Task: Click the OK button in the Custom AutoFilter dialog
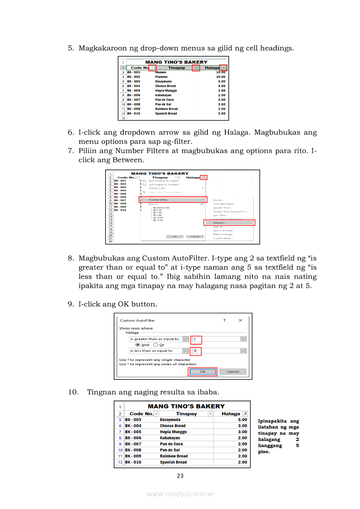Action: click(202, 371)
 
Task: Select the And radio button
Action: click(138, 345)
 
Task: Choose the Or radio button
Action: click(156, 345)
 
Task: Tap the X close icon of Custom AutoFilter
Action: click(240, 320)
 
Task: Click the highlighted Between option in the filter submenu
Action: click(229, 222)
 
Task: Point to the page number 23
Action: click(180, 476)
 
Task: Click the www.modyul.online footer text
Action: click(180, 494)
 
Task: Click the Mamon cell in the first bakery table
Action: click(161, 72)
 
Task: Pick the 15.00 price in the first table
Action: click(221, 72)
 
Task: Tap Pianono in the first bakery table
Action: click(161, 77)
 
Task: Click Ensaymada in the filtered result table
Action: click(170, 420)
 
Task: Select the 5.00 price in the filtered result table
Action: click(242, 420)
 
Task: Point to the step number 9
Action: click(70, 304)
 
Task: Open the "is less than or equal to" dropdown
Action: click(185, 351)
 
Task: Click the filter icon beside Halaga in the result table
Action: click(245, 414)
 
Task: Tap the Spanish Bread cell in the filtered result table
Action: click(173, 462)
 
